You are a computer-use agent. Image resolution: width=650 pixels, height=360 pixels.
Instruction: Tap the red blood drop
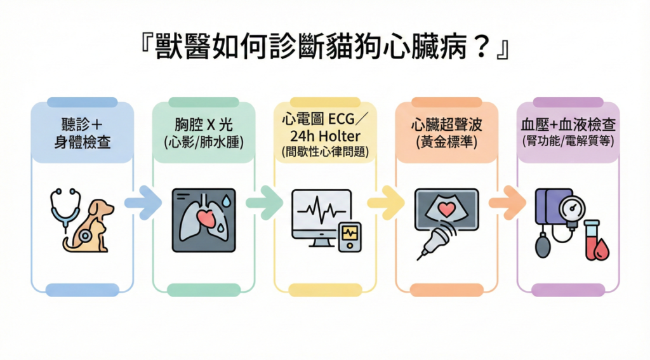click(599, 250)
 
